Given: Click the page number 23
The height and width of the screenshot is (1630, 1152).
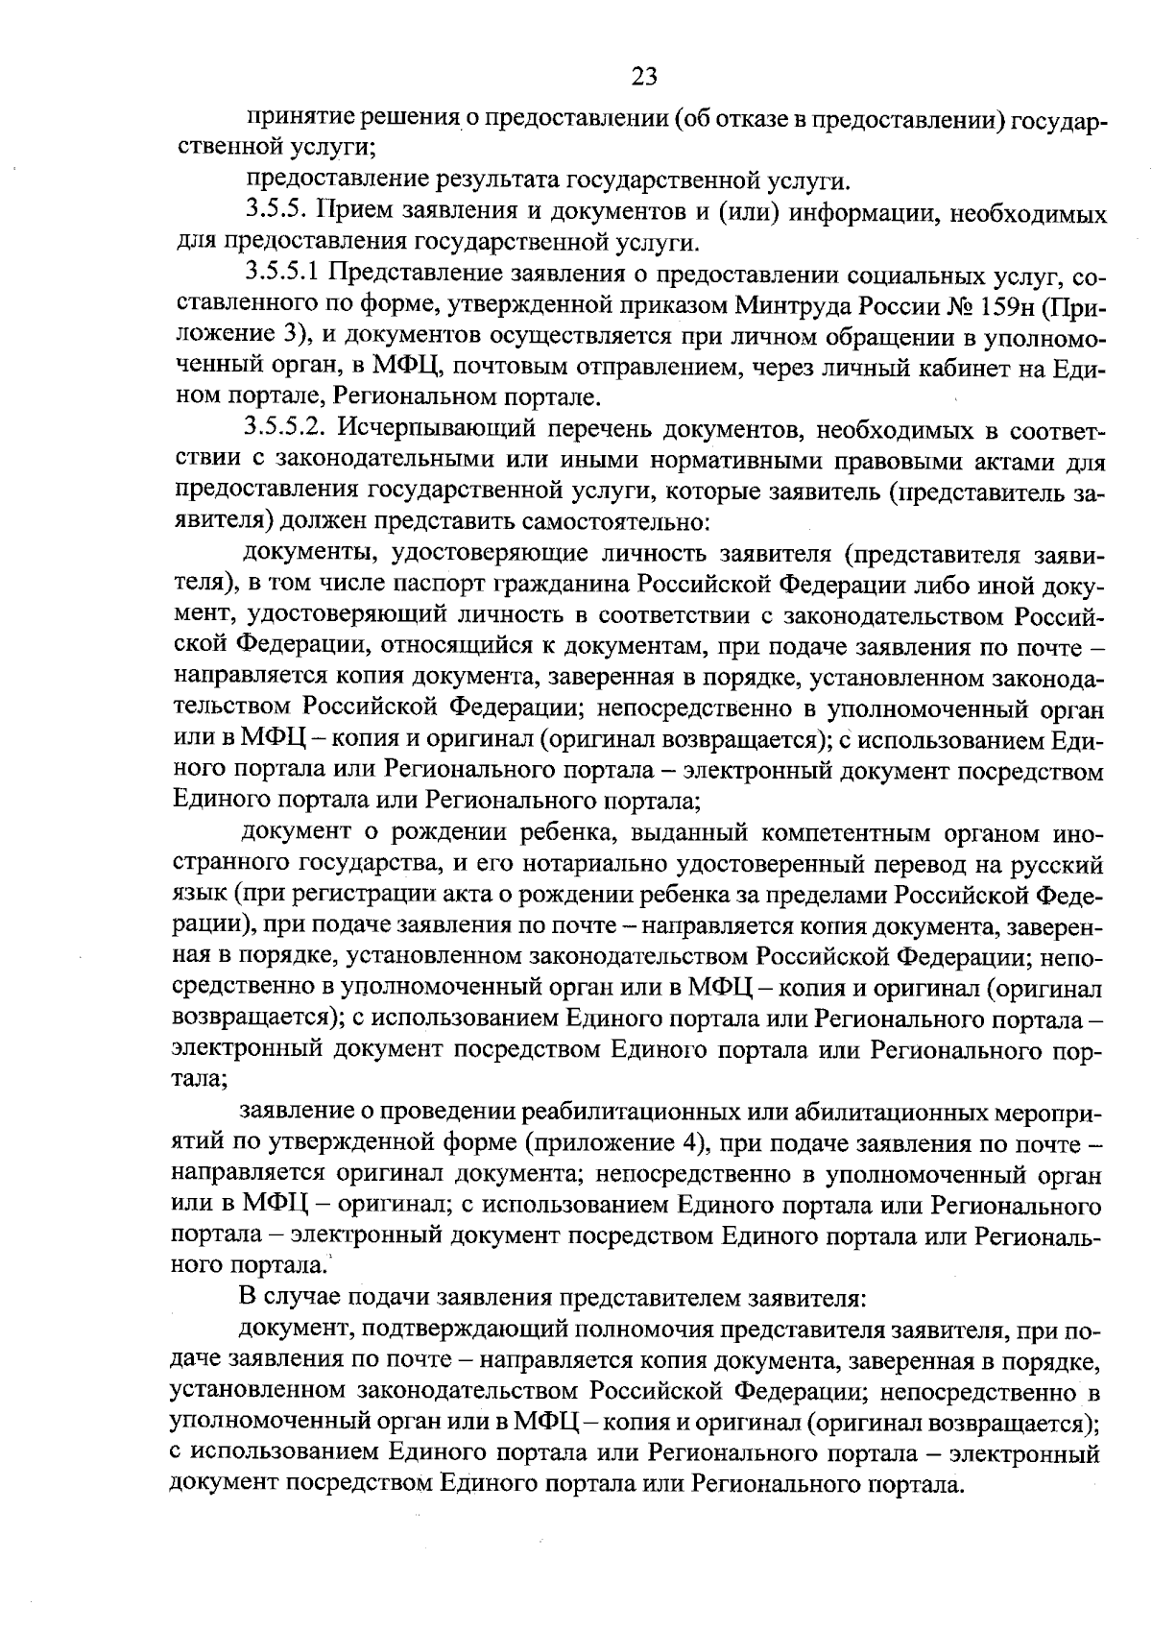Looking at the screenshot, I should click(x=644, y=75).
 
